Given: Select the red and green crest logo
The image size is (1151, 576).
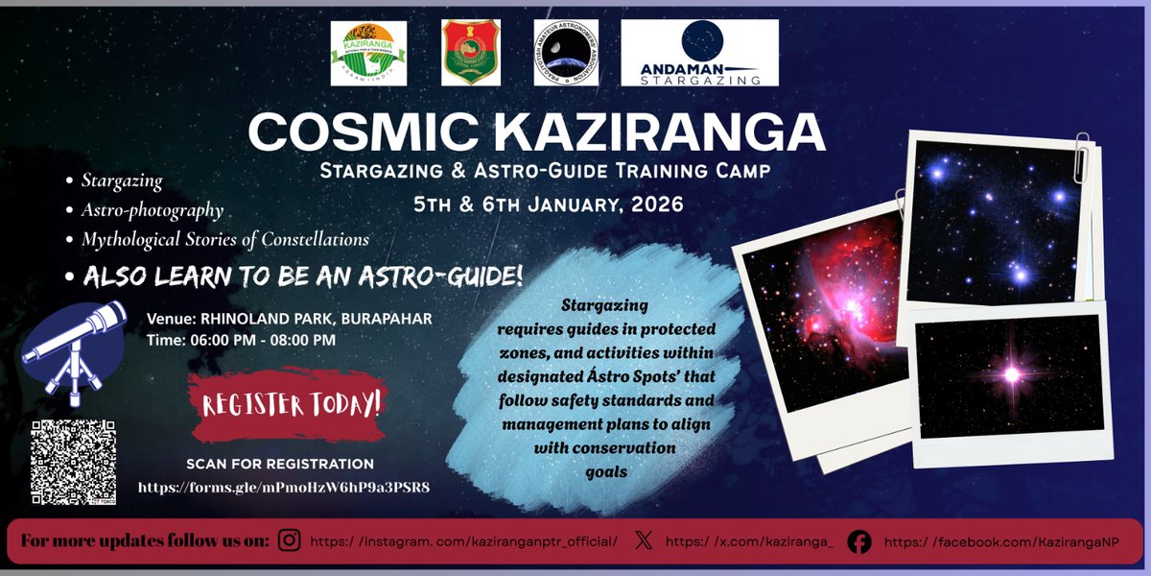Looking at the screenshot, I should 470,54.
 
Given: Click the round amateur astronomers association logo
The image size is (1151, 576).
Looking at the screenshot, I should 566,54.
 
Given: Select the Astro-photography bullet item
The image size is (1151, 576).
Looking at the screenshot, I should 153,209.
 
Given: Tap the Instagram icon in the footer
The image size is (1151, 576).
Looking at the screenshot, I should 289,541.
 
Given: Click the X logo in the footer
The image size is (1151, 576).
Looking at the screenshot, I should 645,541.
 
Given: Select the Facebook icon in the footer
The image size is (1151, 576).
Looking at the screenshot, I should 860,542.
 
